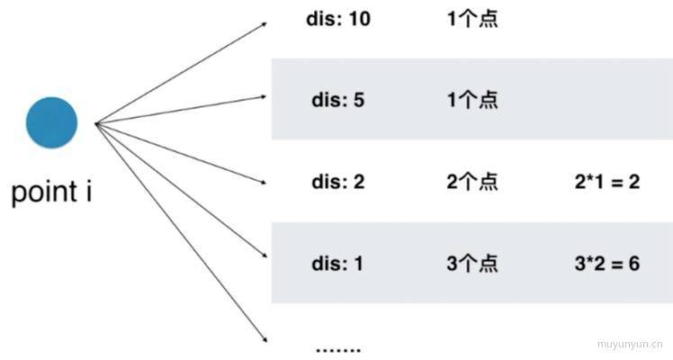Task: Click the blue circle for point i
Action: [x=51, y=122]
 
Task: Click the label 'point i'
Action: [x=51, y=192]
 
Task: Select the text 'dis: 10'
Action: [x=338, y=19]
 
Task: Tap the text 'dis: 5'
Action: [x=337, y=100]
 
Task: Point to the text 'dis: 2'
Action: [x=337, y=182]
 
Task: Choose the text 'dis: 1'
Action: [x=337, y=263]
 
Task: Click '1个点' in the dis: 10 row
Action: [x=472, y=19]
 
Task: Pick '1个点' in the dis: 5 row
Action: [x=472, y=100]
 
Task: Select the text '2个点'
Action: [x=472, y=182]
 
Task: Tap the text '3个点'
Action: [x=472, y=263]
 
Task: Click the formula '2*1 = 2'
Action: [x=607, y=182]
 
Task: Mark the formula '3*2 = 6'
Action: [x=607, y=263]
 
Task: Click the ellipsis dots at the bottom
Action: [x=338, y=350]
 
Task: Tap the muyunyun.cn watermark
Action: [x=630, y=344]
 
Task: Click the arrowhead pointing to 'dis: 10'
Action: [x=264, y=24]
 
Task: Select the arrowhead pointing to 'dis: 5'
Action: [x=263, y=97]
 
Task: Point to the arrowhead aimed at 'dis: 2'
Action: [x=263, y=182]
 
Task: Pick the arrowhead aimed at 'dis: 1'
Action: [x=265, y=255]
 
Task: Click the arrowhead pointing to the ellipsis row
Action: [x=265, y=339]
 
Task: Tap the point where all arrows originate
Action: [x=96, y=124]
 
